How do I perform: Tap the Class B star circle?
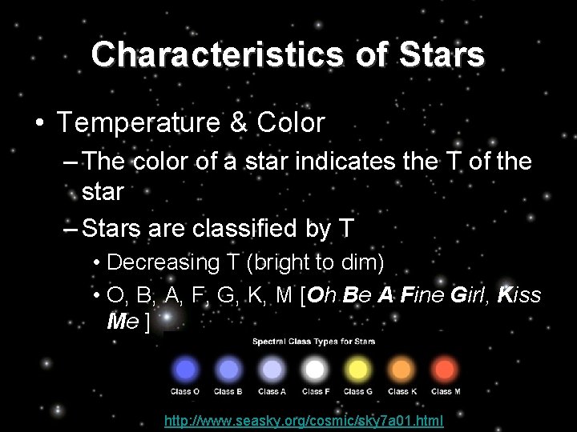(x=228, y=369)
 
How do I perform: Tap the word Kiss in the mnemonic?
(x=519, y=295)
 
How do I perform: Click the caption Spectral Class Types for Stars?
(x=314, y=342)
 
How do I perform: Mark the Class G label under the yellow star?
(x=357, y=392)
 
